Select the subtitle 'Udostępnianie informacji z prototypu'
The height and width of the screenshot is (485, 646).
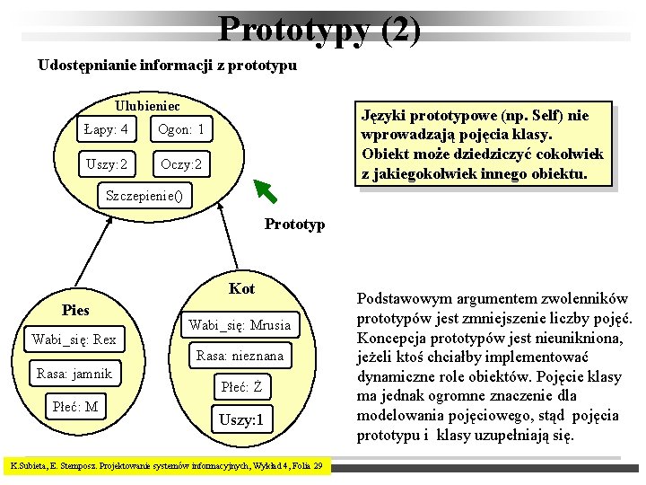tap(167, 66)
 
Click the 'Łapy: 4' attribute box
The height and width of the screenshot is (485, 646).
tap(105, 130)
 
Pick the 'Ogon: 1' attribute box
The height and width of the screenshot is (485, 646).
tap(181, 130)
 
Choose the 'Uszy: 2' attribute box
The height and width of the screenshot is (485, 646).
tap(106, 165)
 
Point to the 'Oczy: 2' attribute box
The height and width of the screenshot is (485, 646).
tap(180, 165)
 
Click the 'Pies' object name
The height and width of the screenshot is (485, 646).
tap(75, 311)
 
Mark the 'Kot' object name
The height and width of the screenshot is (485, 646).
tap(241, 288)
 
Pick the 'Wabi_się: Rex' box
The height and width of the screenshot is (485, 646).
tap(74, 339)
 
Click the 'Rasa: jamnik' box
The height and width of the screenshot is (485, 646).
tap(74, 374)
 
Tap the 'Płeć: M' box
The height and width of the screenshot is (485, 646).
tap(74, 407)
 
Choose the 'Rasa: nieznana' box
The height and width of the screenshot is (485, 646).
tap(239, 356)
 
